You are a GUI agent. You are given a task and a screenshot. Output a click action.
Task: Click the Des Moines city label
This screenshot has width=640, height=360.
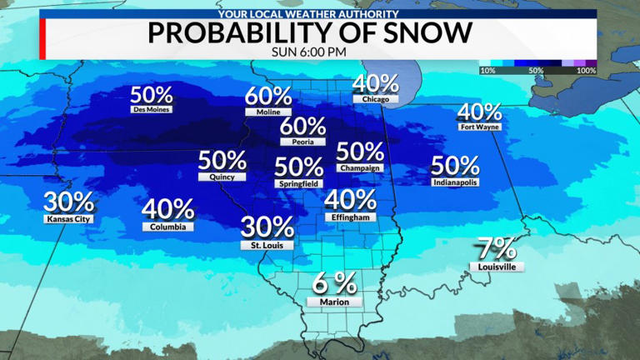(x=151, y=109)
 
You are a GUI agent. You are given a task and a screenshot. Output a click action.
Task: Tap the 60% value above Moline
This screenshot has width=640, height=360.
(x=268, y=97)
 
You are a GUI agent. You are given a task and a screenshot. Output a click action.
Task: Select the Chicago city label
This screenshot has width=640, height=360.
(x=375, y=98)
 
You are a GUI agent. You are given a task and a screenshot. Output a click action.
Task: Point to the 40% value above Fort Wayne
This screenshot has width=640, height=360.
(x=480, y=112)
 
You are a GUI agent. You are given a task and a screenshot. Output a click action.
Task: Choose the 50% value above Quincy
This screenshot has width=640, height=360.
(x=222, y=161)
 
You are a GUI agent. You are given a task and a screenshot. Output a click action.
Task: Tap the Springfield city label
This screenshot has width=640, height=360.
(x=298, y=182)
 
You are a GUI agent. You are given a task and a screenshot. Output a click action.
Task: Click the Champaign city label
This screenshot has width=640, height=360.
(x=360, y=167)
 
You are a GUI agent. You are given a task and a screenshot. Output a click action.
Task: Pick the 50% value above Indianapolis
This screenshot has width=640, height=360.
(x=456, y=166)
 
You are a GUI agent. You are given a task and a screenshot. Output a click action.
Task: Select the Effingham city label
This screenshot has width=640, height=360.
(x=350, y=217)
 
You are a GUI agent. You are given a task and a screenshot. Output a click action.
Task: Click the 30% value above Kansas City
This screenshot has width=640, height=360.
(x=70, y=202)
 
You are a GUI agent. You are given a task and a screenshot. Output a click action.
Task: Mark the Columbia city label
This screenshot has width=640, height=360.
(x=167, y=226)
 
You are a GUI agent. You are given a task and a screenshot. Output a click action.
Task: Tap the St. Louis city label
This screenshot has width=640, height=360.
(x=267, y=245)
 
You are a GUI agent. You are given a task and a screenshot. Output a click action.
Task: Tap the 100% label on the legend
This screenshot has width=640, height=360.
(x=587, y=71)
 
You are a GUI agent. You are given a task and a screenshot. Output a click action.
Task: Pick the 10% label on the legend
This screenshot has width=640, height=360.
(x=488, y=71)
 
